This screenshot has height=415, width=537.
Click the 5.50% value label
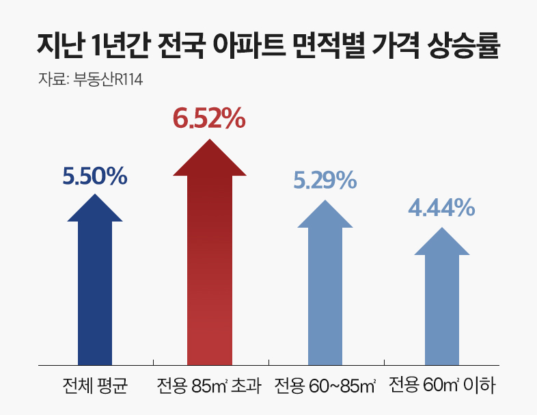coord(95,176)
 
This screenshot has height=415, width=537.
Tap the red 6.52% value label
coord(208,118)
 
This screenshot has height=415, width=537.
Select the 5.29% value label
coord(325,180)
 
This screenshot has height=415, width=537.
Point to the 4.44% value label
coord(441,206)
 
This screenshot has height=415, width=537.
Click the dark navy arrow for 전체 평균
coord(95,287)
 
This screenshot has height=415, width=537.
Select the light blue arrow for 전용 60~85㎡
coord(325,291)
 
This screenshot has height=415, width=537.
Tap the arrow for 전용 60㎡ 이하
coord(441,301)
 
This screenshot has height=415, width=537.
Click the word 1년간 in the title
coord(115,49)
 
